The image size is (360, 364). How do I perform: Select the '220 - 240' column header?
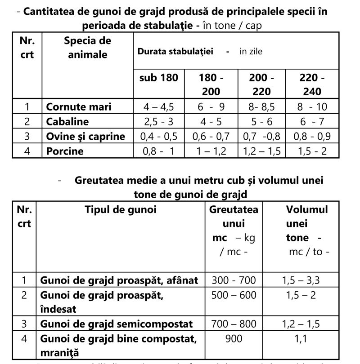pyautogui.click(x=312, y=84)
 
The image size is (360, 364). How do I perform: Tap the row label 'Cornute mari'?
pyautogui.click(x=78, y=107)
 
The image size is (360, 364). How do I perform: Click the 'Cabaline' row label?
pyautogui.click(x=67, y=121)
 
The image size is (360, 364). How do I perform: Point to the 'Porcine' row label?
pyautogui.click(x=65, y=151)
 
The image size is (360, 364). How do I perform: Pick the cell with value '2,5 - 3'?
pyautogui.click(x=159, y=121)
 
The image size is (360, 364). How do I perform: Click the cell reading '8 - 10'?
pyautogui.click(x=312, y=107)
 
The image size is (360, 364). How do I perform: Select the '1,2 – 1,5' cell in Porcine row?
pyautogui.click(x=262, y=151)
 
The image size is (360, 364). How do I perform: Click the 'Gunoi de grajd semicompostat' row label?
pyautogui.click(x=116, y=324)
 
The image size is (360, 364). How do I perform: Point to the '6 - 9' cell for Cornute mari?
pyautogui.click(x=211, y=107)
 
